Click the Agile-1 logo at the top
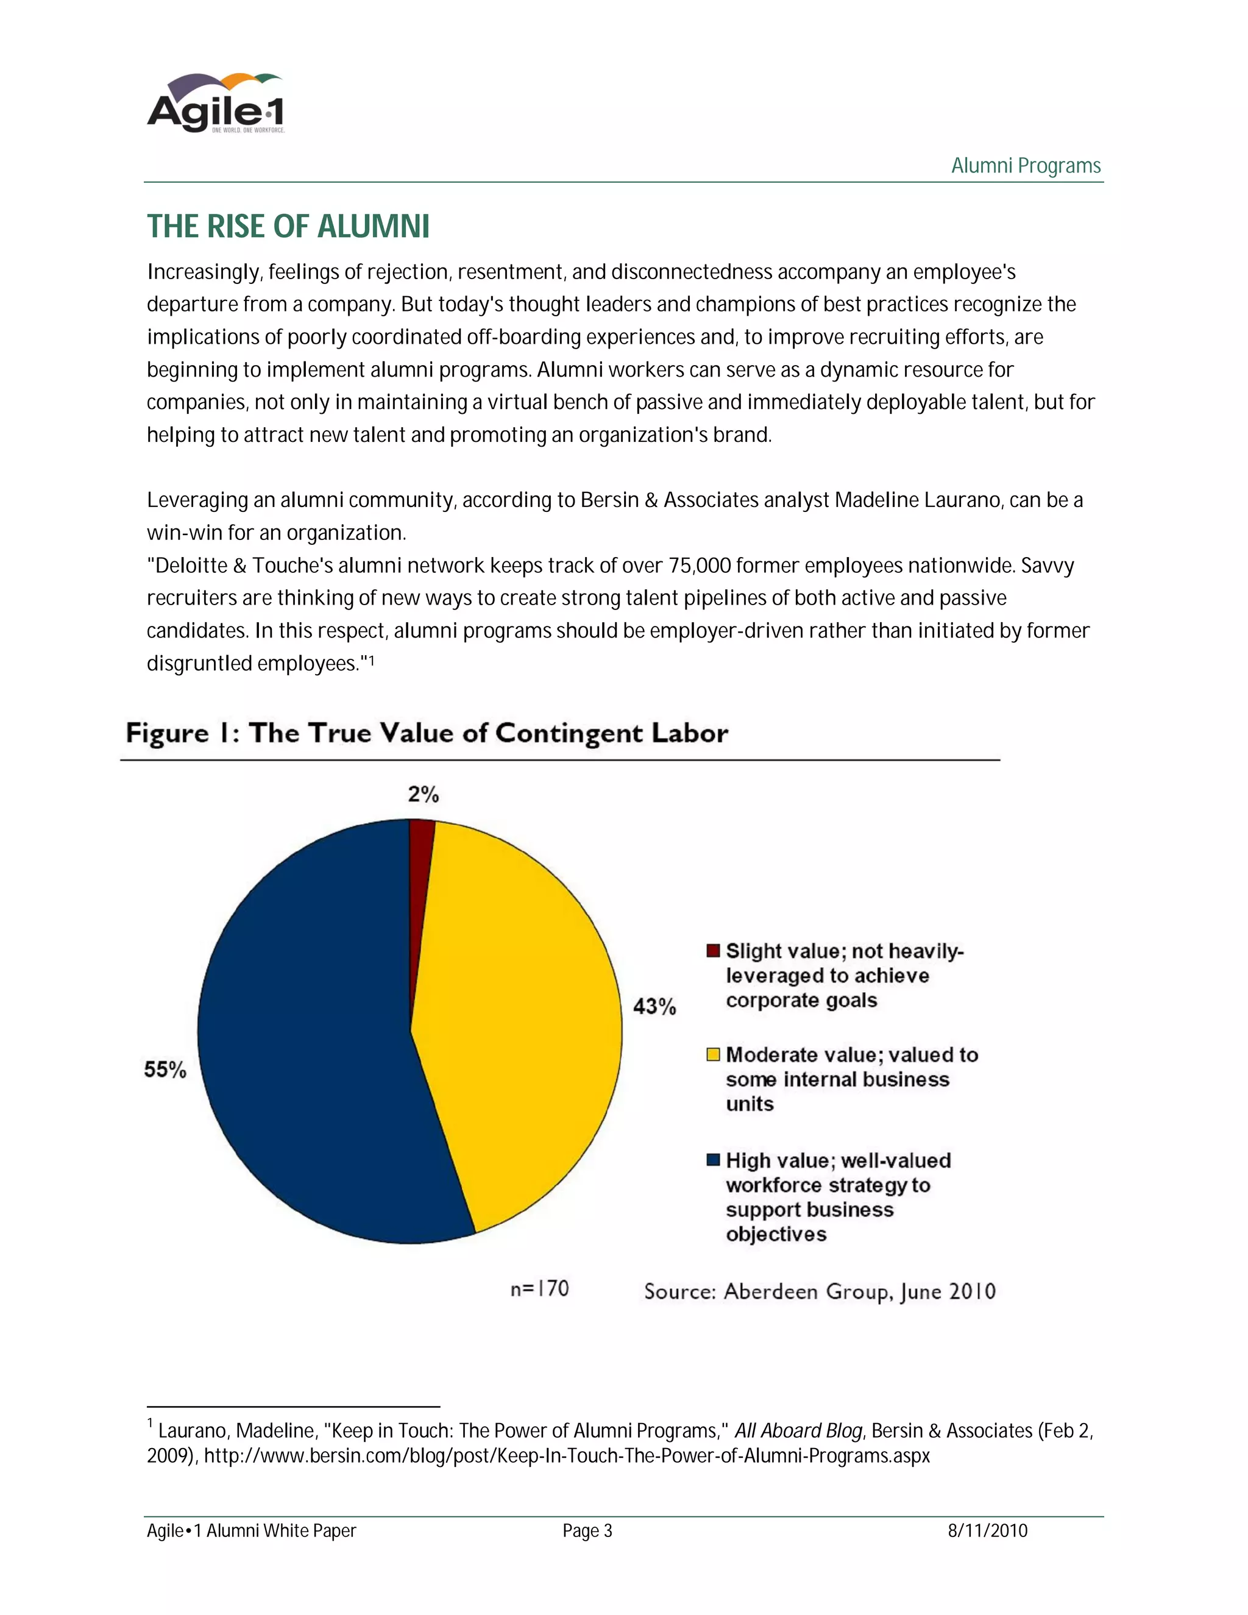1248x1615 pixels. point(216,104)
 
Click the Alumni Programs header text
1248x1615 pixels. point(1026,165)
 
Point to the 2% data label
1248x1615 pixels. point(424,794)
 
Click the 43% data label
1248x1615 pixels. point(654,1006)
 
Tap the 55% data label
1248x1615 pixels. point(165,1070)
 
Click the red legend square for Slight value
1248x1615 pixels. point(714,950)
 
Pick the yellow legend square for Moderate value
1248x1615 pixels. point(714,1054)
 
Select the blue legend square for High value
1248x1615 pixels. point(714,1160)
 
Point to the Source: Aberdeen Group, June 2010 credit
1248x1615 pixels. point(819,1291)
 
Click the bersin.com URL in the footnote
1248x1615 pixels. point(566,1455)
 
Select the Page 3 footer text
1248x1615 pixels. point(587,1531)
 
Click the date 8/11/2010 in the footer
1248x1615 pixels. point(988,1531)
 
